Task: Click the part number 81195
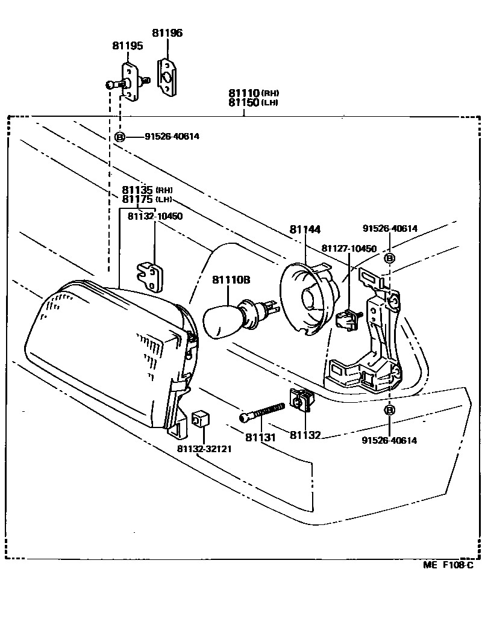click(x=126, y=46)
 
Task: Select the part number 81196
click(x=166, y=34)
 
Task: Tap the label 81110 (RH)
click(x=254, y=93)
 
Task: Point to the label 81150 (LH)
click(x=254, y=103)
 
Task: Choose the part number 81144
click(x=305, y=229)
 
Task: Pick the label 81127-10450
click(x=348, y=249)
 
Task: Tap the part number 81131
click(x=260, y=437)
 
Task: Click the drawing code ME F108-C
click(x=448, y=565)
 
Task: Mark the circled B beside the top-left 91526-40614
click(x=120, y=137)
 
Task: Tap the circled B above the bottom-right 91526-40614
click(x=389, y=411)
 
